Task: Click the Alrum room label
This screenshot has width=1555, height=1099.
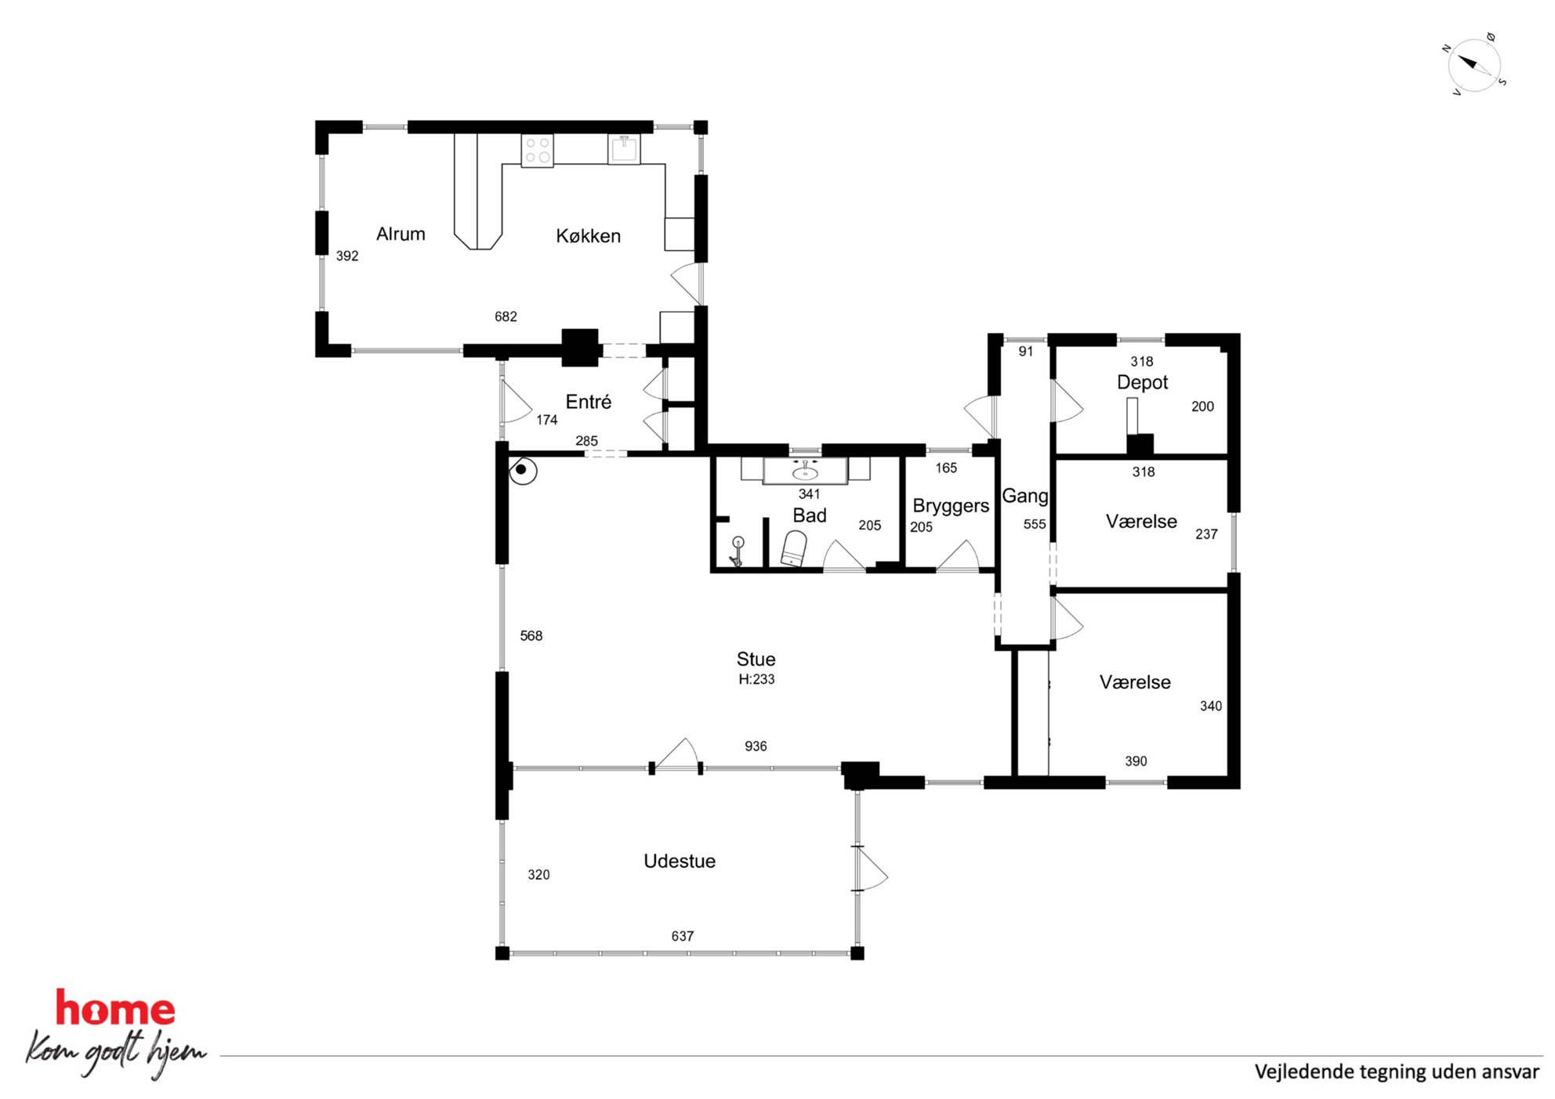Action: pyautogui.click(x=401, y=233)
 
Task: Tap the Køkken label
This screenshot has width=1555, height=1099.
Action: pyautogui.click(x=588, y=236)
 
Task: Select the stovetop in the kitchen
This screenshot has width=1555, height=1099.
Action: pyautogui.click(x=538, y=150)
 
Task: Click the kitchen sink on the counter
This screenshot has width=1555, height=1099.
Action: pyautogui.click(x=624, y=149)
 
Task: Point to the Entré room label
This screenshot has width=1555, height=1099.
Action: pyautogui.click(x=589, y=402)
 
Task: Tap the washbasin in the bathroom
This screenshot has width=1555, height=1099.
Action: pyautogui.click(x=805, y=472)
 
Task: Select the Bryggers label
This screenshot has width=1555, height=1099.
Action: pyautogui.click(x=951, y=506)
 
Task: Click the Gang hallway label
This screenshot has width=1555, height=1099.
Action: pyautogui.click(x=1025, y=496)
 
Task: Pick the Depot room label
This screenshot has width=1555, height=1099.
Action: pyautogui.click(x=1142, y=382)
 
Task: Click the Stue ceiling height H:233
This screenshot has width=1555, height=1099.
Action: pyautogui.click(x=756, y=679)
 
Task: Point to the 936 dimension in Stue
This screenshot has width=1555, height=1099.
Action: pyautogui.click(x=756, y=746)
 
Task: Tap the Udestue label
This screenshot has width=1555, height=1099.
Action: pyautogui.click(x=680, y=861)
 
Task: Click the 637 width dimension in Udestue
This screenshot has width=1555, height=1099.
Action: pyautogui.click(x=683, y=936)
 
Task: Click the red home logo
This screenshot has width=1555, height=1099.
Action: pyautogui.click(x=115, y=1009)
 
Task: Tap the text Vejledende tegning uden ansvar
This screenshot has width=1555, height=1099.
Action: pyautogui.click(x=1397, y=1072)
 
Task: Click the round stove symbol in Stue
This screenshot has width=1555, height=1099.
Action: pyautogui.click(x=523, y=471)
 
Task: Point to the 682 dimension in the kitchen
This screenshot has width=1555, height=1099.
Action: pyautogui.click(x=506, y=316)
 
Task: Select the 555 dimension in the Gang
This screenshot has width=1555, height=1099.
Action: pyautogui.click(x=1035, y=524)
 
